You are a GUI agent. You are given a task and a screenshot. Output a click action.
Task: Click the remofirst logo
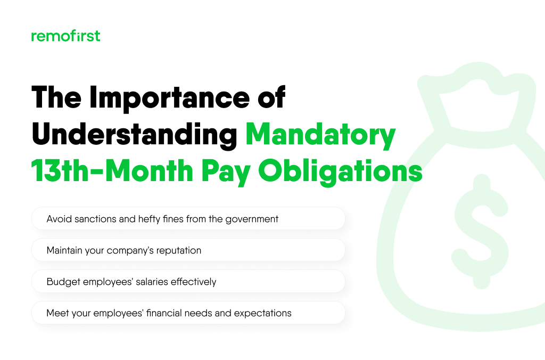[x=65, y=36]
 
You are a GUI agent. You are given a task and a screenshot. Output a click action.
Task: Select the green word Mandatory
[x=320, y=136]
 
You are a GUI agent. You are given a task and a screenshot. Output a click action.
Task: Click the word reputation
[x=177, y=250]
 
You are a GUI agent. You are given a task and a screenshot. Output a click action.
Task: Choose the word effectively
[x=193, y=282]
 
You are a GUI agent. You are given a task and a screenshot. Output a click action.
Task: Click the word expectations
[x=262, y=313]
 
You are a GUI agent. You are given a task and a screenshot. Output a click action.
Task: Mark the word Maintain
[x=65, y=250]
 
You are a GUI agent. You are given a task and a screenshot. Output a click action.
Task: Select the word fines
[x=174, y=219]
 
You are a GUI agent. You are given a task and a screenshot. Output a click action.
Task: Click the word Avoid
[x=58, y=219]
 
